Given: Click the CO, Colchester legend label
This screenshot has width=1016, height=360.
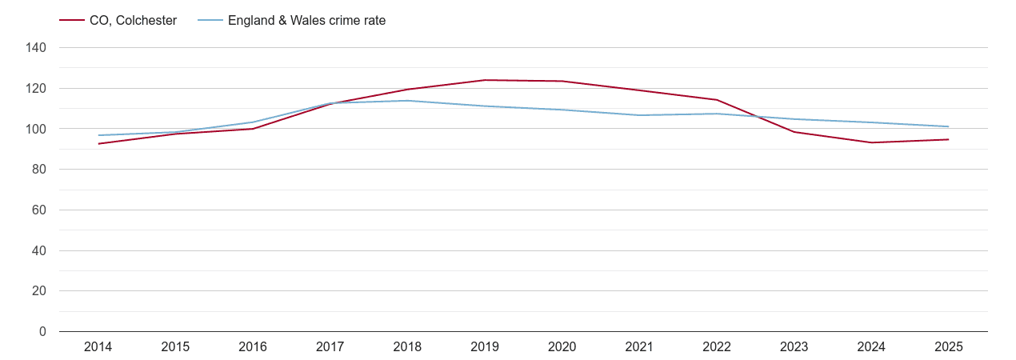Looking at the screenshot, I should pos(133,21).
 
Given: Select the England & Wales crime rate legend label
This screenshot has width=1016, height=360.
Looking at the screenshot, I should pos(306,21).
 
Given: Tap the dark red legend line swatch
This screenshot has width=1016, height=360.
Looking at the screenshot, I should pos(72,21).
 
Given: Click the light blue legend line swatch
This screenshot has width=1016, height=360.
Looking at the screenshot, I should pos(210,21).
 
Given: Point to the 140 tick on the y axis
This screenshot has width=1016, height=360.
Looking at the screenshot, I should pos(37,48).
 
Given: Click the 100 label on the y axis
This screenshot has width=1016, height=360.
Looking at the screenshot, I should pos(37,129).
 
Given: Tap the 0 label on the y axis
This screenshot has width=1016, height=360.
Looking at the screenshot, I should pos(43,332).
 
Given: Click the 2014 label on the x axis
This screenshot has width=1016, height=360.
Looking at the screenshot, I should pos(98,347).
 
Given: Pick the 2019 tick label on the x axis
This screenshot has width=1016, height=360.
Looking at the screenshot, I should pos(485,347).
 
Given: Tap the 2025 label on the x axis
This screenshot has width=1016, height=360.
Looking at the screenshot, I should pos(949,347).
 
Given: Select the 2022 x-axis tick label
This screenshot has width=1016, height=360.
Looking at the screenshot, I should pos(717,347).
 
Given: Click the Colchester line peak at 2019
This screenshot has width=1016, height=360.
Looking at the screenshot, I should pos(485,80).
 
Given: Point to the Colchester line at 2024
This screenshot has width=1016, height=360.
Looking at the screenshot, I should pos(871,142).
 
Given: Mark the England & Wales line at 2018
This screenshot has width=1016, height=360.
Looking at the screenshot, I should pos(407,101).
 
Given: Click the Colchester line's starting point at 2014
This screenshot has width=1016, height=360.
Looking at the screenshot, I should pos(98,144).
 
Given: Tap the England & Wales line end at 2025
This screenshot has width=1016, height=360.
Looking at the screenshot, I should pos(949,126).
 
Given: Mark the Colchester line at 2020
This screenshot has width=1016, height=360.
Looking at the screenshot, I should pos(562,81).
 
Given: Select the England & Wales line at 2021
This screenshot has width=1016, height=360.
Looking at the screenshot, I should pos(639,115).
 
